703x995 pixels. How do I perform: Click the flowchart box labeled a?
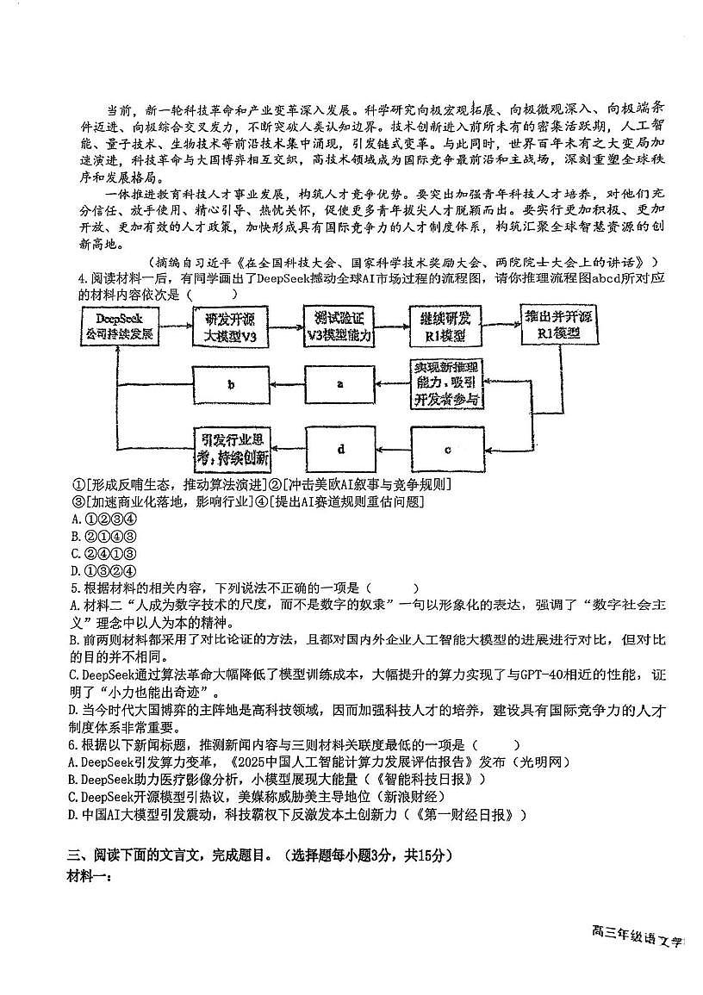(x=340, y=384)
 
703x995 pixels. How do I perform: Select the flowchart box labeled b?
(x=230, y=384)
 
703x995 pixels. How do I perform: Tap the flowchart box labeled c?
(x=448, y=449)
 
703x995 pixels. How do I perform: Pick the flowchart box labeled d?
(x=341, y=449)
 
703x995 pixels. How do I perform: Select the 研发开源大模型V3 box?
(x=230, y=326)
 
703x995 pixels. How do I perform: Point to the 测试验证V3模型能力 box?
(x=339, y=326)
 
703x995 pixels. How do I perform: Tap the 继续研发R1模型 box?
(x=448, y=326)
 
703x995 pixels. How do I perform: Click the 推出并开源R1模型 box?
(x=557, y=326)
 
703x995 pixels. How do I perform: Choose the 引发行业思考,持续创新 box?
(x=230, y=449)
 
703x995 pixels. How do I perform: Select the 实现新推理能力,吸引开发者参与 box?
(x=447, y=383)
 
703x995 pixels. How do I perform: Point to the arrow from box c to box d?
(x=394, y=449)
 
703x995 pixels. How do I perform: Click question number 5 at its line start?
(x=75, y=588)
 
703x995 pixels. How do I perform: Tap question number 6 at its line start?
(x=75, y=744)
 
